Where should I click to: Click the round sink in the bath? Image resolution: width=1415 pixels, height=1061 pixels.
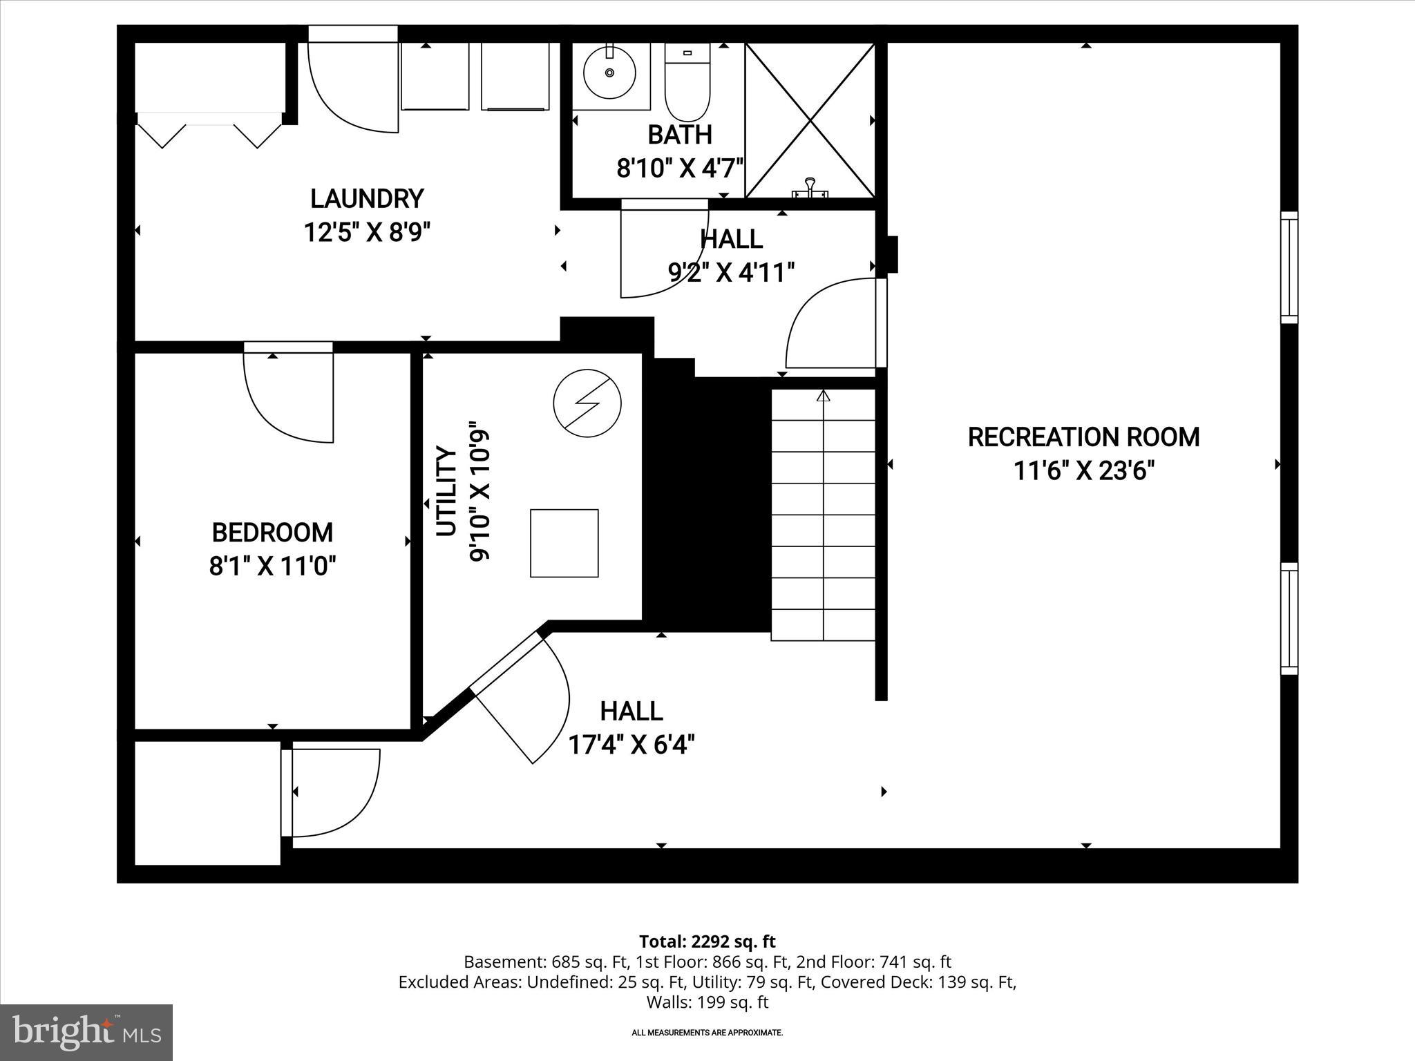point(609,73)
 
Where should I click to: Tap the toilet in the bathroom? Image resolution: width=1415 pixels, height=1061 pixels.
point(687,83)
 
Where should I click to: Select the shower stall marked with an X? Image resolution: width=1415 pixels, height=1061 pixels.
point(810,120)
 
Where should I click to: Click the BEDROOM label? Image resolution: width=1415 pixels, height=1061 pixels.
point(272,533)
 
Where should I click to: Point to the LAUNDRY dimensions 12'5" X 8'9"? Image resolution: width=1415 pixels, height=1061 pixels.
point(367,233)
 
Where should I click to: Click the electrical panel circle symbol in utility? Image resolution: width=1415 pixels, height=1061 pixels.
point(587,403)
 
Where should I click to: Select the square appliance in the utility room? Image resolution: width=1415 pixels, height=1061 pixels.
point(564,543)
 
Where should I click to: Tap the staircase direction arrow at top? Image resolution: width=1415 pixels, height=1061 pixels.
point(823,396)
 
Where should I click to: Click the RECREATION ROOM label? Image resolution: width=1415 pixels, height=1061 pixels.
point(1083,437)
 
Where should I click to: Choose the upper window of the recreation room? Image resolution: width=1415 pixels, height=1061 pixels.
point(1289,267)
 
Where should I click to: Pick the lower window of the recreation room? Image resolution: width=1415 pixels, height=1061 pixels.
point(1289,618)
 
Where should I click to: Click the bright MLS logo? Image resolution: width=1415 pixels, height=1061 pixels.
point(86,1032)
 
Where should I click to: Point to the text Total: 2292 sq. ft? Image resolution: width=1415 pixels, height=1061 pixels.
point(707,941)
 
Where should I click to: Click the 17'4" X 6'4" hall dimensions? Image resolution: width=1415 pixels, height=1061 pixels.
point(631,745)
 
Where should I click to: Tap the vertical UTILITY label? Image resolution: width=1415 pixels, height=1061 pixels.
point(447,491)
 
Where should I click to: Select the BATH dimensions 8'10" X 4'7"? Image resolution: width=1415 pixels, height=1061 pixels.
point(679,168)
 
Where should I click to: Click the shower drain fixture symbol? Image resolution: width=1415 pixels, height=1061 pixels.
point(810,188)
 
